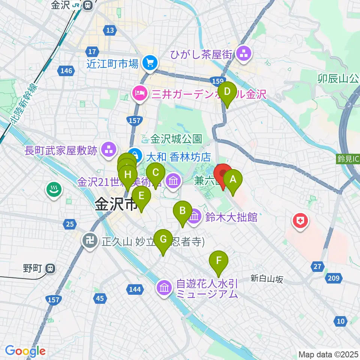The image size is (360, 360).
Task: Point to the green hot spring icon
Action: point(54,189)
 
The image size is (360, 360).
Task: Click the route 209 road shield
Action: point(334,278)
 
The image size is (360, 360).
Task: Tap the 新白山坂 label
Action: point(267,278)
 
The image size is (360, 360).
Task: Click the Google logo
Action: point(25,351)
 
